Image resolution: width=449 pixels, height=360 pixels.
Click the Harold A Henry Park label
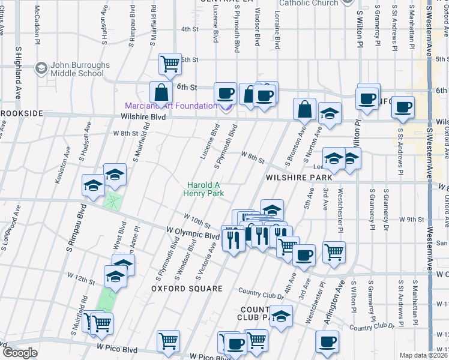click(205, 190)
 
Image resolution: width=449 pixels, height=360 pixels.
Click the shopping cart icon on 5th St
click(170, 64)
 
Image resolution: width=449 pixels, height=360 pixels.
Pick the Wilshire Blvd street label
click(143, 117)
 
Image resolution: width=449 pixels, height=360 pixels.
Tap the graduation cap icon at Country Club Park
click(281, 316)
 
